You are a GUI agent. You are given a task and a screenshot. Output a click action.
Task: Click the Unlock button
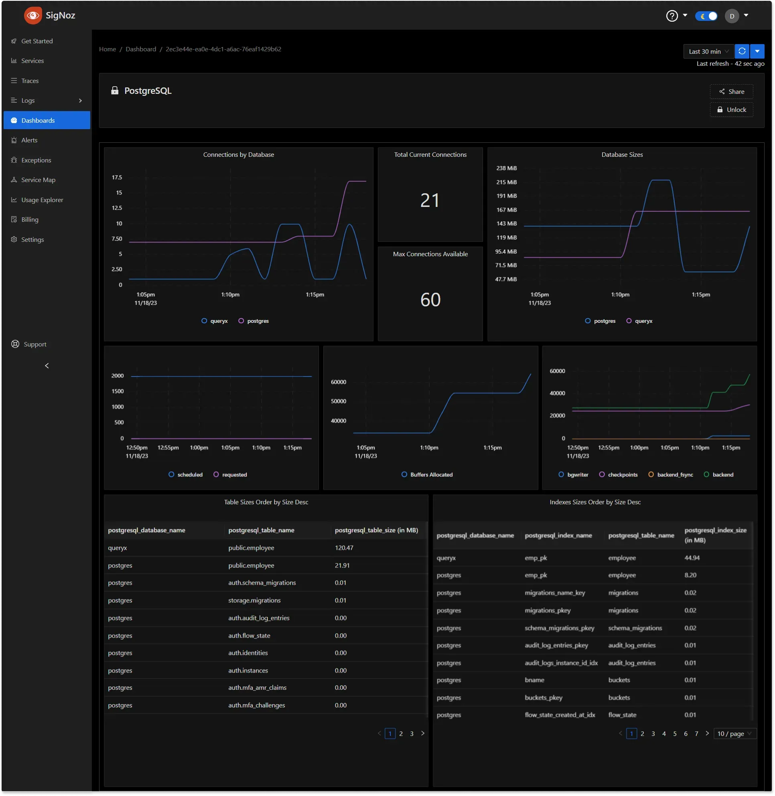(x=731, y=109)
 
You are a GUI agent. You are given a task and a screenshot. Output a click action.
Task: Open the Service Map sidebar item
(x=38, y=180)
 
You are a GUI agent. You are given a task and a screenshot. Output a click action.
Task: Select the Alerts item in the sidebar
(x=29, y=140)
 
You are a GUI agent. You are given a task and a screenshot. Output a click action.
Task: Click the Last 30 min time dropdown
(x=708, y=51)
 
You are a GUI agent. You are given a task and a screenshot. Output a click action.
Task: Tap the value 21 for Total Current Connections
(x=430, y=200)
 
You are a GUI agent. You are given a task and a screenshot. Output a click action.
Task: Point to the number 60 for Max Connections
(x=430, y=300)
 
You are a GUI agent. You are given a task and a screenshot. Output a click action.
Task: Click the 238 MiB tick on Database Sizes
(x=506, y=168)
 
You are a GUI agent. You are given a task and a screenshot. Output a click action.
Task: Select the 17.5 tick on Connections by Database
(x=117, y=177)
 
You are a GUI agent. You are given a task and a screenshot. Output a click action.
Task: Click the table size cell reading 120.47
(x=344, y=548)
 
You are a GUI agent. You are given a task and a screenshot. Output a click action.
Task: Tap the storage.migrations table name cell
(x=254, y=600)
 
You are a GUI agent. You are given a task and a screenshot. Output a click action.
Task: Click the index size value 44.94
(x=692, y=557)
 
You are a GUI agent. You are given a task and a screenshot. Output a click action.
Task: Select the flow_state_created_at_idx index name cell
(x=560, y=715)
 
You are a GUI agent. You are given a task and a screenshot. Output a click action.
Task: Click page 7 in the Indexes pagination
(x=696, y=733)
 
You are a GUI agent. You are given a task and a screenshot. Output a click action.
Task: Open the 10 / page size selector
(x=734, y=733)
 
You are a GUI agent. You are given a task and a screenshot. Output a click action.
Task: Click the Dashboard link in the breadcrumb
(x=141, y=49)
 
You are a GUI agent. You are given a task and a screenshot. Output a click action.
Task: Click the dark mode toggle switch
(x=706, y=16)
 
